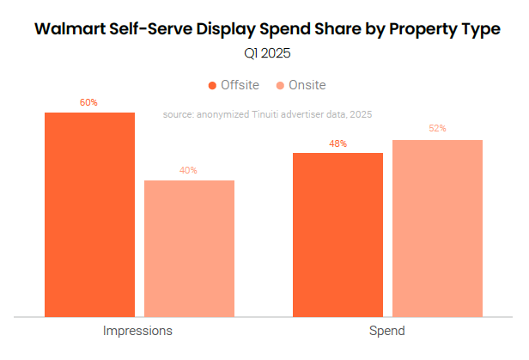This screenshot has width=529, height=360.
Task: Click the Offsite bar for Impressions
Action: pyautogui.click(x=89, y=214)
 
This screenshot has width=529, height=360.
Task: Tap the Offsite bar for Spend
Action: pyautogui.click(x=337, y=234)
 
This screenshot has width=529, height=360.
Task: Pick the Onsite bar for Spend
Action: pyautogui.click(x=437, y=228)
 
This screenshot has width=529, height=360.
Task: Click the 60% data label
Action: pyautogui.click(x=88, y=102)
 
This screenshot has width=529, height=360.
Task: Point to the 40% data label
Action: pyautogui.click(x=188, y=170)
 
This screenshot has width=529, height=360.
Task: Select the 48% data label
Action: pyautogui.click(x=337, y=143)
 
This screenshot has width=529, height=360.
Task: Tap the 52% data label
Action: pyautogui.click(x=437, y=129)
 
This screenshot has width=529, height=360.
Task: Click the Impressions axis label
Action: pyautogui.click(x=138, y=331)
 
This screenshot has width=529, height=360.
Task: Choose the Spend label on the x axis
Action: pyautogui.click(x=387, y=331)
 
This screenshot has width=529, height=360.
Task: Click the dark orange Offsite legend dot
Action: pyautogui.click(x=212, y=85)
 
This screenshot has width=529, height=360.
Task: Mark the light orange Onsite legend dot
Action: pyautogui.click(x=281, y=85)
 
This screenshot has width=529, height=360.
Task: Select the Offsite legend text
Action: pyautogui.click(x=240, y=85)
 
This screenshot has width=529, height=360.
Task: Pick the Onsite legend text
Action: pyautogui.click(x=308, y=85)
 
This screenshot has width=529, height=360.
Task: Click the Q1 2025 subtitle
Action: pyautogui.click(x=266, y=53)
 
